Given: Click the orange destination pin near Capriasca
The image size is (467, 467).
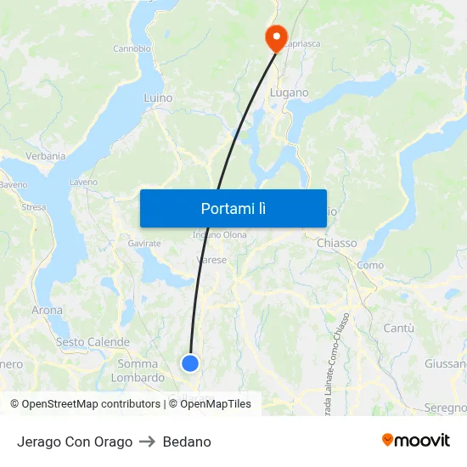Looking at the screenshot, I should [x=276, y=37].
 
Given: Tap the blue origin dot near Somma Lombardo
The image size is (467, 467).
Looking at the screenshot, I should [x=190, y=363].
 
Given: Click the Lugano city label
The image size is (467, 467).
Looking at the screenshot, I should [x=289, y=93].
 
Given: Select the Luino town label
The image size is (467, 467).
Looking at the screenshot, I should [x=158, y=98].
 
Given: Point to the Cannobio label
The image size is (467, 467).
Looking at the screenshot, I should [x=132, y=48].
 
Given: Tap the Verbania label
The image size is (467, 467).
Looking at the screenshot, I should [x=46, y=156].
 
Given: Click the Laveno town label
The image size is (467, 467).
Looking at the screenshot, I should [x=83, y=182].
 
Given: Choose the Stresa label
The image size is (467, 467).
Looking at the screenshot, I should [x=33, y=206].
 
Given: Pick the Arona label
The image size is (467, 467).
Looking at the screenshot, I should [x=47, y=311].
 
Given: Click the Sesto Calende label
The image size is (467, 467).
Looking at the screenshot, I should [x=93, y=342].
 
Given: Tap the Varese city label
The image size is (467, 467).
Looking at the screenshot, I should [x=211, y=260].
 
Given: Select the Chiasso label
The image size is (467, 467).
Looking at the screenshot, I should [x=336, y=244].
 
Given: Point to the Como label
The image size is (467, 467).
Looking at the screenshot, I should [x=370, y=266].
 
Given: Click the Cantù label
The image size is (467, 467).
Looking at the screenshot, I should [x=398, y=328].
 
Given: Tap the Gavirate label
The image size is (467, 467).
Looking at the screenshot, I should [x=144, y=244].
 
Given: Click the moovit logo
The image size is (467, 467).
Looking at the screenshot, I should [x=416, y=441].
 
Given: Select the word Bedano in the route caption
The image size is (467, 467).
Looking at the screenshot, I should [x=187, y=442].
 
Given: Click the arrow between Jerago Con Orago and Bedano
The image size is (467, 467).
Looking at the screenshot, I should [x=148, y=442].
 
